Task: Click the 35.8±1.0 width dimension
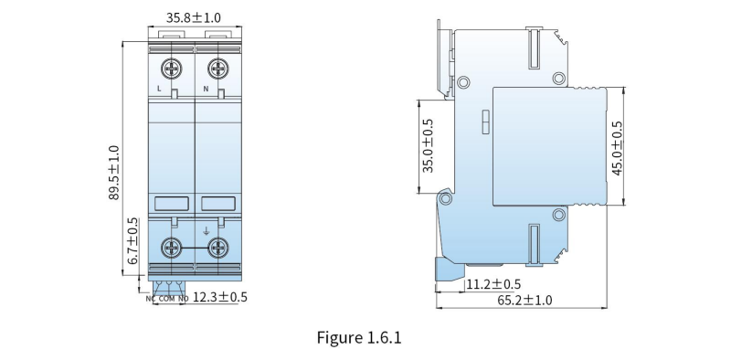pyautogui.click(x=194, y=17)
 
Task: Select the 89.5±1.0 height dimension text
pyautogui.click(x=114, y=173)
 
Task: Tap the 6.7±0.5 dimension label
pyautogui.click(x=132, y=241)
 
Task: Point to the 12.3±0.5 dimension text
pyautogui.click(x=220, y=297)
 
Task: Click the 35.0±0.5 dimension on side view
pyautogui.click(x=428, y=145)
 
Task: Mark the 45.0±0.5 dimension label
pyautogui.click(x=617, y=148)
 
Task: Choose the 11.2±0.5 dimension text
pyautogui.click(x=493, y=284)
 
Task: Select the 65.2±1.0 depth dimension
pyautogui.click(x=524, y=300)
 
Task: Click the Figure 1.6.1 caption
pyautogui.click(x=359, y=337)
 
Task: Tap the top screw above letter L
pyautogui.click(x=172, y=69)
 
